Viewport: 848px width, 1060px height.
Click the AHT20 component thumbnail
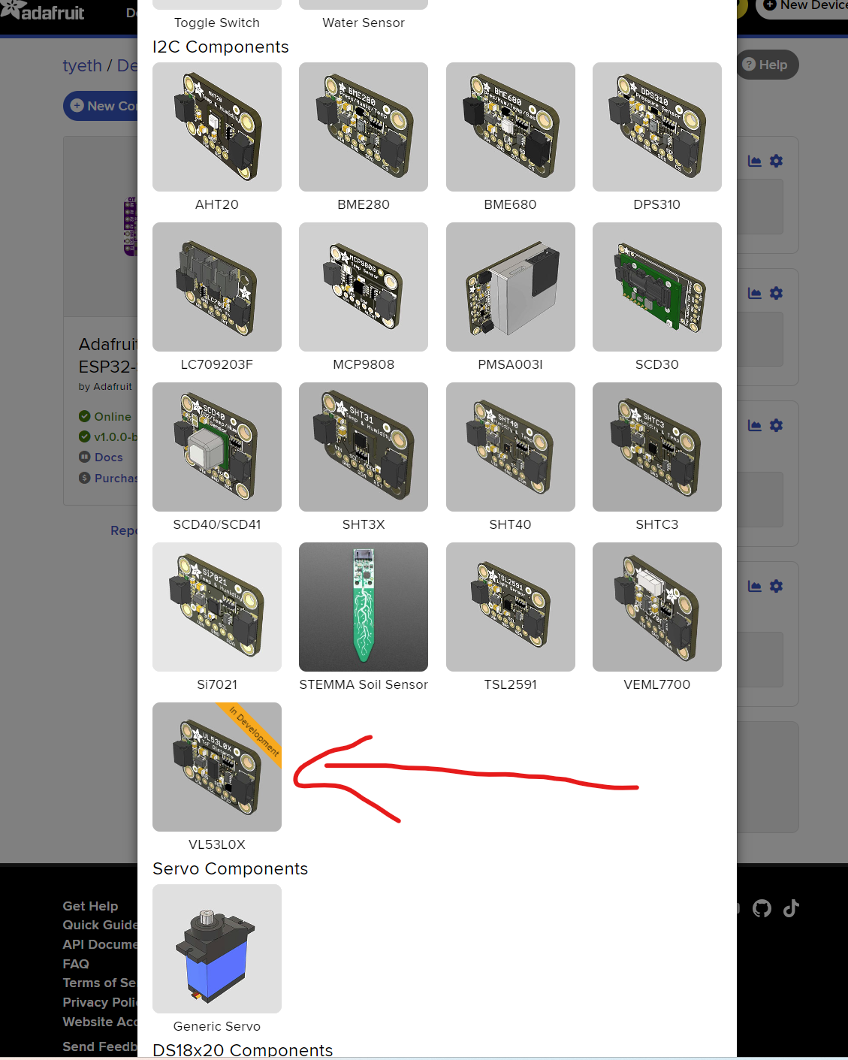click(217, 127)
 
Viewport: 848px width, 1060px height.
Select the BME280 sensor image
click(364, 127)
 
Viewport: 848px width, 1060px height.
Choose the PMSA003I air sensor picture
click(511, 287)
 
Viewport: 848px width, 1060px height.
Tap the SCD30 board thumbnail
click(657, 287)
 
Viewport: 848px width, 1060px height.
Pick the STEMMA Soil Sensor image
click(364, 607)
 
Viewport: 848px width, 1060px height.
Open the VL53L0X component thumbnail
click(217, 767)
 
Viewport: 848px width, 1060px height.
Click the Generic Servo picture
click(217, 949)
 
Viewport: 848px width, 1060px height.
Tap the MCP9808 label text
click(364, 364)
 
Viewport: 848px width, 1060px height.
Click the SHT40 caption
click(511, 524)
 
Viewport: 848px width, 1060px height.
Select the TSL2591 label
click(511, 684)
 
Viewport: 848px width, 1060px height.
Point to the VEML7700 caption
click(657, 684)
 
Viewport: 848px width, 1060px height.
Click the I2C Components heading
click(221, 47)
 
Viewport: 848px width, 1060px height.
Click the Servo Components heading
click(231, 868)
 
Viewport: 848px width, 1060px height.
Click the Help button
click(765, 65)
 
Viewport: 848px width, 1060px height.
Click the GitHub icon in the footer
click(762, 908)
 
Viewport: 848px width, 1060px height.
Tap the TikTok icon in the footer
click(791, 908)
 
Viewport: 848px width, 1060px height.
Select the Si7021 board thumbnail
click(217, 607)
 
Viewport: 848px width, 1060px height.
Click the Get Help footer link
click(91, 906)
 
